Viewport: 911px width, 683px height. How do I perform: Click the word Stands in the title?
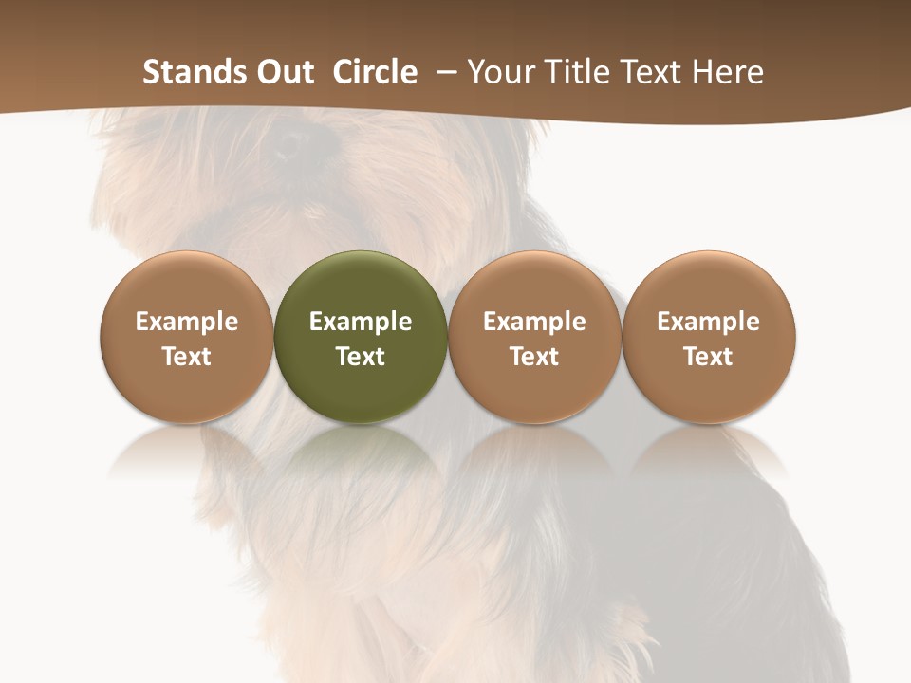[x=190, y=72]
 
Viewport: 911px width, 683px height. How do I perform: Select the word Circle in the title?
[x=375, y=72]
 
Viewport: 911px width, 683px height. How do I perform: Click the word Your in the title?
[x=502, y=72]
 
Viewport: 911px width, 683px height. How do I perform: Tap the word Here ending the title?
[x=730, y=72]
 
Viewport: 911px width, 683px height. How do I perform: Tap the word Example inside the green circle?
[x=361, y=322]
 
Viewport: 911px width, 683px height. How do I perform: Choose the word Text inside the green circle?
[x=361, y=357]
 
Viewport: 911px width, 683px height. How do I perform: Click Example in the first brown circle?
[x=187, y=322]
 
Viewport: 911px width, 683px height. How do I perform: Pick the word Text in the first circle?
[x=187, y=357]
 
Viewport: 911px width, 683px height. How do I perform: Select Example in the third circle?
[x=534, y=322]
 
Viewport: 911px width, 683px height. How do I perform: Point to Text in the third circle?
[x=534, y=357]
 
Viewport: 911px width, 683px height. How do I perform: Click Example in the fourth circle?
[x=708, y=322]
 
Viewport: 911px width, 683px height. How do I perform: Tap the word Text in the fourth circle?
[x=708, y=357]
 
